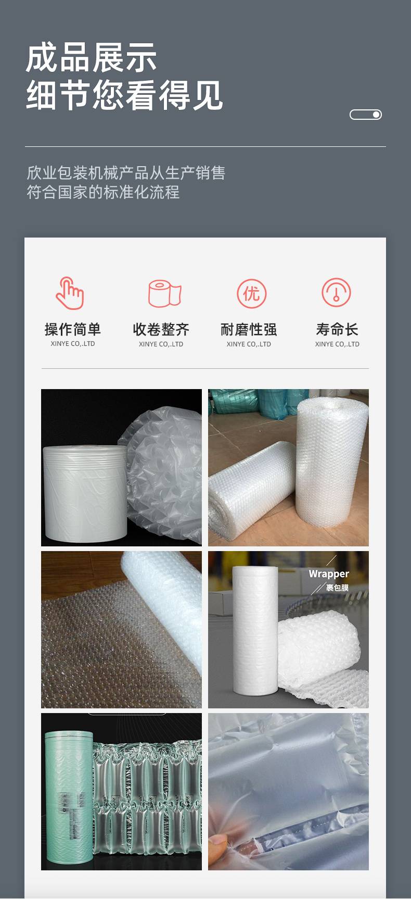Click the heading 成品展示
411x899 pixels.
pyautogui.click(x=91, y=57)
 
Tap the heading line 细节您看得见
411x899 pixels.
pyautogui.click(x=124, y=95)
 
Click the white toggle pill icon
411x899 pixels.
pyautogui.click(x=366, y=115)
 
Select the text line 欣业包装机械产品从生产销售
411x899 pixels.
pyautogui.click(x=126, y=173)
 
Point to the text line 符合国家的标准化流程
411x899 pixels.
pyautogui.click(x=103, y=192)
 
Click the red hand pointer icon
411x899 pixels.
pyautogui.click(x=70, y=293)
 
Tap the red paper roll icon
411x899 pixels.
pyautogui.click(x=164, y=293)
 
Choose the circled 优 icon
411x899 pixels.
pyautogui.click(x=252, y=293)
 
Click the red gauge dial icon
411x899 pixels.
pyautogui.click(x=336, y=293)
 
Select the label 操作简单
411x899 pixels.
pyautogui.click(x=73, y=329)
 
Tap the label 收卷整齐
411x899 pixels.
pyautogui.click(x=161, y=329)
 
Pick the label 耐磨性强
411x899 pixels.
pyautogui.click(x=249, y=329)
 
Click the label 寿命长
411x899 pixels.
pyautogui.click(x=337, y=329)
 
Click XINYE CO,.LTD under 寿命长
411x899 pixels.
pyautogui.click(x=337, y=344)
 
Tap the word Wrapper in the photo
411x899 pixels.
pyautogui.click(x=329, y=574)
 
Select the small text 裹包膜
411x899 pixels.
pyautogui.click(x=337, y=588)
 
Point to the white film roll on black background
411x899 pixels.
pyautogui.click(x=85, y=492)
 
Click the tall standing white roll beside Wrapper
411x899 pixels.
pyautogui.click(x=255, y=630)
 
